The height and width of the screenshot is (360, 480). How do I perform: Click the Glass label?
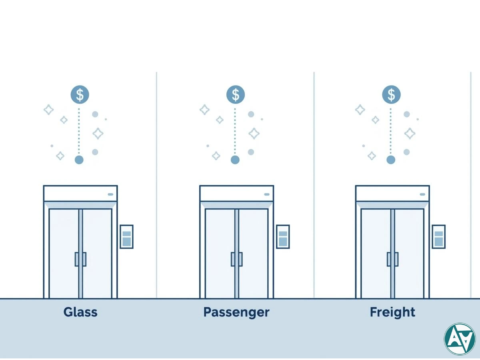click(80, 312)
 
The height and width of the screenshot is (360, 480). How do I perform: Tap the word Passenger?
click(236, 312)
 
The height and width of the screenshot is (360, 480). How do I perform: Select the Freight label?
click(392, 312)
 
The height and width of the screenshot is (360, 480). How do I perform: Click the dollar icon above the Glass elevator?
click(80, 95)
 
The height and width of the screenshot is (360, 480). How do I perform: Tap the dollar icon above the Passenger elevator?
click(236, 95)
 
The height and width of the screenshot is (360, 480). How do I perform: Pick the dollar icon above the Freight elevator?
click(391, 95)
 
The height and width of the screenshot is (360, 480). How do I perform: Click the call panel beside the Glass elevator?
click(126, 236)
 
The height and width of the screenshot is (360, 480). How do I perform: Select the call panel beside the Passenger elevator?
click(283, 236)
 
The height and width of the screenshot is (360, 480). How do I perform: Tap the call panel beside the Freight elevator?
click(438, 236)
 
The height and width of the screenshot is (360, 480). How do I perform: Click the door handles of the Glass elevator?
click(80, 259)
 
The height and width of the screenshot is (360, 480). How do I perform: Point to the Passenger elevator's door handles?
click(236, 259)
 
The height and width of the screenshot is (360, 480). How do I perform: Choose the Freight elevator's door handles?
click(392, 259)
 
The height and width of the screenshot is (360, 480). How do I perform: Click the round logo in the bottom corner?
click(460, 339)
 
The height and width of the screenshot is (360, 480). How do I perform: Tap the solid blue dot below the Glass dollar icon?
click(79, 160)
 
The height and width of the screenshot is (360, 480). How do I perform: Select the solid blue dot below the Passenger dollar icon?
click(235, 160)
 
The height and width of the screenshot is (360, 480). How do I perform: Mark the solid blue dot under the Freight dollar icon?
click(391, 160)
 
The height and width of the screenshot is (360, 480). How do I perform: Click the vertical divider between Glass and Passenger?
click(156, 184)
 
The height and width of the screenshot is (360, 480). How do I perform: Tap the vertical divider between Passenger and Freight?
click(314, 184)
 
